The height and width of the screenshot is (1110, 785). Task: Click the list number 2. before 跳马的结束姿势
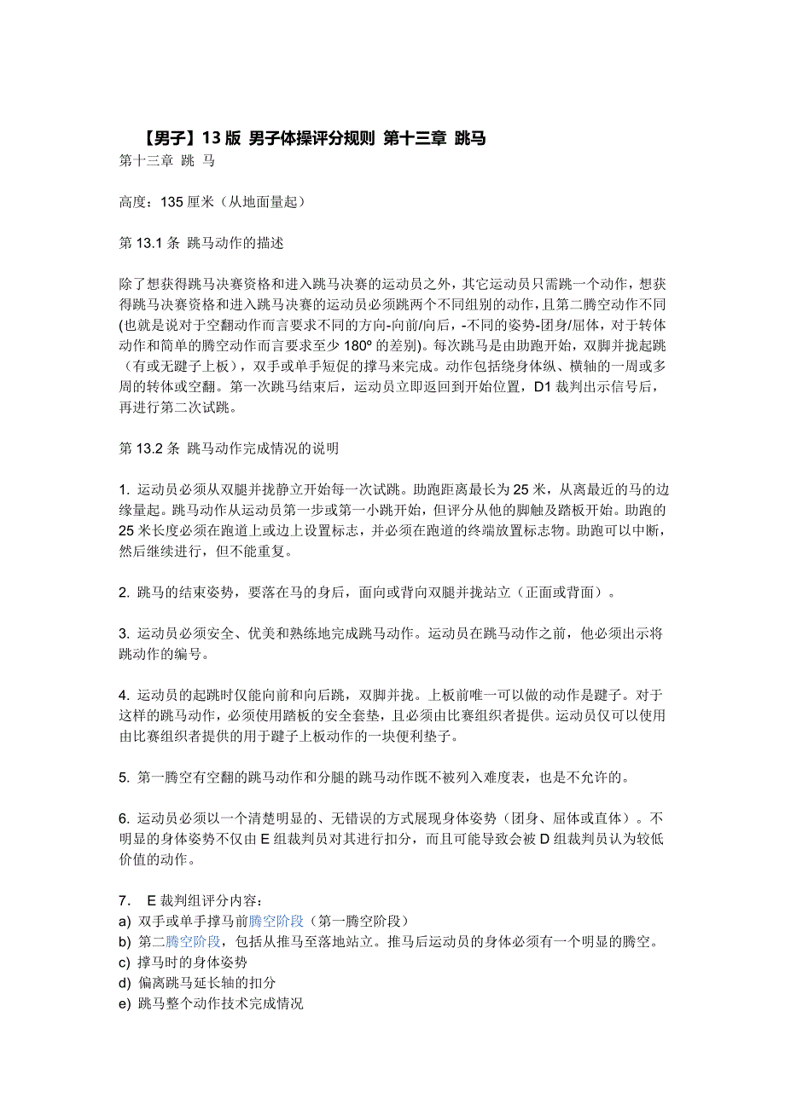tap(124, 592)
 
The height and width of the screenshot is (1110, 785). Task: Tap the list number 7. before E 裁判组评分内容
tap(124, 900)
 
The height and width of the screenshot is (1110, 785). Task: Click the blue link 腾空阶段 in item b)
tap(193, 941)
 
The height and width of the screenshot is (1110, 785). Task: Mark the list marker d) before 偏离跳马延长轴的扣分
tap(125, 983)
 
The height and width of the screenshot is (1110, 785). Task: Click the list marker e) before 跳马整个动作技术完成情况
tap(125, 1003)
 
